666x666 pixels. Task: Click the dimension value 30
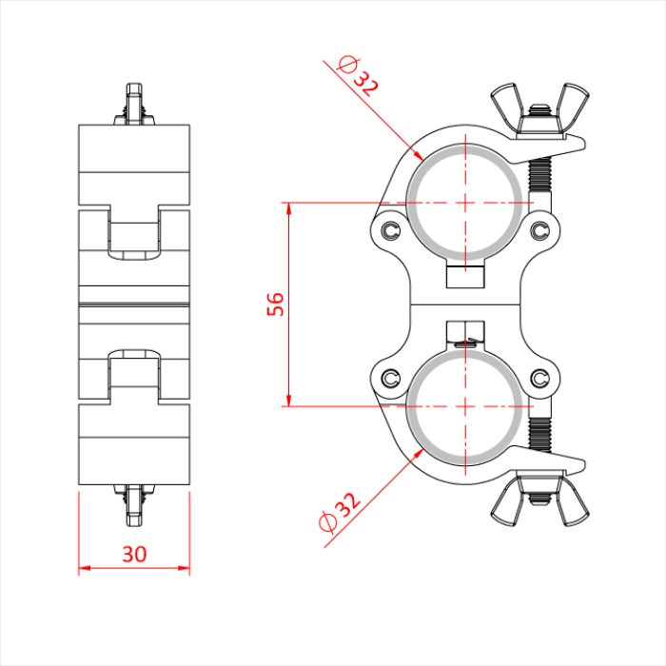[x=134, y=554]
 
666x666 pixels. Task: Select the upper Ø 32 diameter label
[x=358, y=77]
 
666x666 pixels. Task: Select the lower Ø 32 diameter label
[x=338, y=512]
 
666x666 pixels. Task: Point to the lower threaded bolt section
[x=540, y=434]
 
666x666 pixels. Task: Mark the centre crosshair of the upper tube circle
[x=465, y=203]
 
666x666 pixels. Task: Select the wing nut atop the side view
[x=134, y=104]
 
